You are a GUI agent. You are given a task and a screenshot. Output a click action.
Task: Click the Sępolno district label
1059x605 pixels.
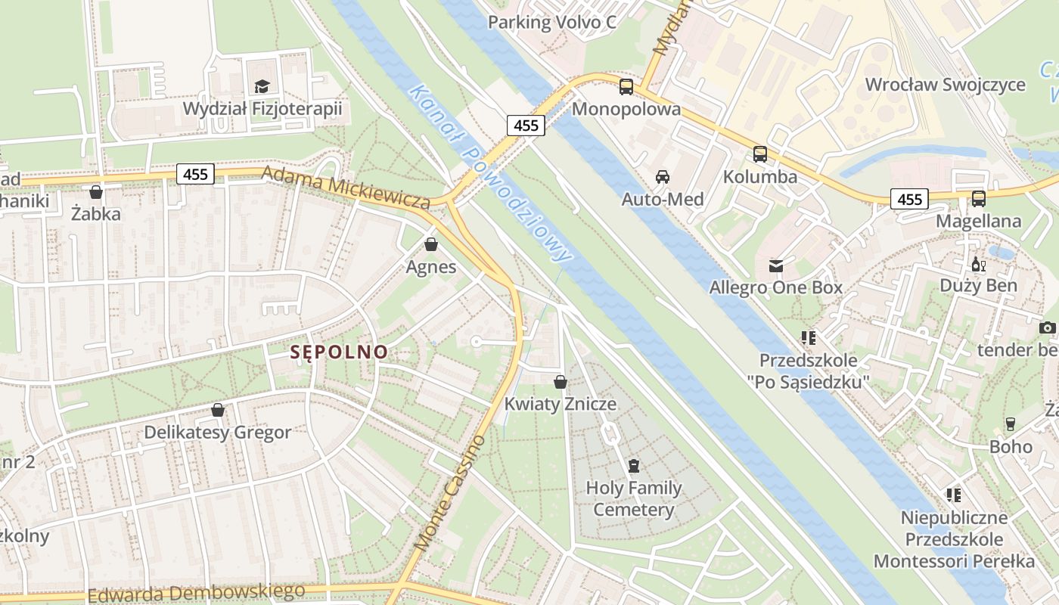340,352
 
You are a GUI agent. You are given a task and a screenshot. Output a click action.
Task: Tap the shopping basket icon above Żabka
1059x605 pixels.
96,192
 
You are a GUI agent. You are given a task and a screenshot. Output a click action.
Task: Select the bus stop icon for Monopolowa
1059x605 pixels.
626,86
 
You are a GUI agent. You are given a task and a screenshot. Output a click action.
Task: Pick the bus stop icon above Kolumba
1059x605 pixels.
760,154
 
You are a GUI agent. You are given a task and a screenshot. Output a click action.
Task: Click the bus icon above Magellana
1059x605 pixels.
979,199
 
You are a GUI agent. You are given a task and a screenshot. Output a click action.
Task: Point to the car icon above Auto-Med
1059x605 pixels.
663,177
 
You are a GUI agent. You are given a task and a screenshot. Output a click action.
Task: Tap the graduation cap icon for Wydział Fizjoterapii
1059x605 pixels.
262,86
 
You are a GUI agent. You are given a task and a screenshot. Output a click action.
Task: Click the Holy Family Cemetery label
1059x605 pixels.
634,499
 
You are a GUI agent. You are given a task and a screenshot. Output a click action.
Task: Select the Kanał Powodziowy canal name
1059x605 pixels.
489,174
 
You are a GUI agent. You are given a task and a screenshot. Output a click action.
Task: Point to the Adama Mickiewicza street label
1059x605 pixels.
346,187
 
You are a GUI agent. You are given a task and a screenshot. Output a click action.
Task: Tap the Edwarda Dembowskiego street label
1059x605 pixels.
197,593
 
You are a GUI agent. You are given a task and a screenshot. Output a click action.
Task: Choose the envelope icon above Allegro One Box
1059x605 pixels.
776,265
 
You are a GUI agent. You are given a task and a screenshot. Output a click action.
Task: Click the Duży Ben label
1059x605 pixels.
978,285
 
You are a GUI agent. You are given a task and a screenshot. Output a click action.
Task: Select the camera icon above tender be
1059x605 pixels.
1047,327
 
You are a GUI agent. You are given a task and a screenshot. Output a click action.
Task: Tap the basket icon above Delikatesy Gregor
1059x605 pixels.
218,410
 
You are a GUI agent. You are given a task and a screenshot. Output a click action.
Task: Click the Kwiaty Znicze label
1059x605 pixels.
561,404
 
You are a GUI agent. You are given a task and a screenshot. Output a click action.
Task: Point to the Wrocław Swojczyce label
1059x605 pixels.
945,85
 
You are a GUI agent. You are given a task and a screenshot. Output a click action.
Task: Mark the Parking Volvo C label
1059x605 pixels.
552,22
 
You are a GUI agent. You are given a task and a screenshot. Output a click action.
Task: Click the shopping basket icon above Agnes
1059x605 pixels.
431,244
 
